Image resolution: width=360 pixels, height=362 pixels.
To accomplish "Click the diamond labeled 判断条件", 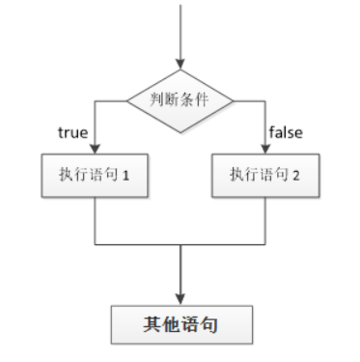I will [x=180, y=99].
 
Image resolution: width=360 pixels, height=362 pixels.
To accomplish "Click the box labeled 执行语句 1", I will [x=94, y=175].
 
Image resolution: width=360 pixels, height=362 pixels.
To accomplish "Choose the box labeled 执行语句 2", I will [x=265, y=175].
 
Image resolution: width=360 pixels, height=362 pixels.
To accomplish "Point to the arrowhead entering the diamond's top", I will [x=180, y=64].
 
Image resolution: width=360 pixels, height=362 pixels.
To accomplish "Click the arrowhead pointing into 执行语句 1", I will [x=94, y=147].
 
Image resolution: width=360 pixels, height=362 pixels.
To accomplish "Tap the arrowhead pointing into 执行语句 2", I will [x=265, y=147].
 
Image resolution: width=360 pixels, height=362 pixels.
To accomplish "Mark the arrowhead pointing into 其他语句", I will [x=180, y=297].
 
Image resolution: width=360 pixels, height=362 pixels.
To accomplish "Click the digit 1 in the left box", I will [x=125, y=176].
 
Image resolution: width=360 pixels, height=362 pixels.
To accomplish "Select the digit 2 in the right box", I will [x=297, y=176].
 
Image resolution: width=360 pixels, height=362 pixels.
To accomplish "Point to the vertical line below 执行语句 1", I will [x=94, y=220].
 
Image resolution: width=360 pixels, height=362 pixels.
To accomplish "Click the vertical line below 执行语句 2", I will [x=265, y=220].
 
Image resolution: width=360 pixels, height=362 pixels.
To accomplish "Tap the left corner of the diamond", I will [x=128, y=99].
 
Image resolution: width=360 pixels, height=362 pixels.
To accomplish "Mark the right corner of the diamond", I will [x=233, y=99].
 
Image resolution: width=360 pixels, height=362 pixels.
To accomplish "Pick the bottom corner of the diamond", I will [x=180, y=128].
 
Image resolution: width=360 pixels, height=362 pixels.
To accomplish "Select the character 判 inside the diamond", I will [x=154, y=99].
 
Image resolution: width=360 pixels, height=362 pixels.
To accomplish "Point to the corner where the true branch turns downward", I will [x=94, y=99].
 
